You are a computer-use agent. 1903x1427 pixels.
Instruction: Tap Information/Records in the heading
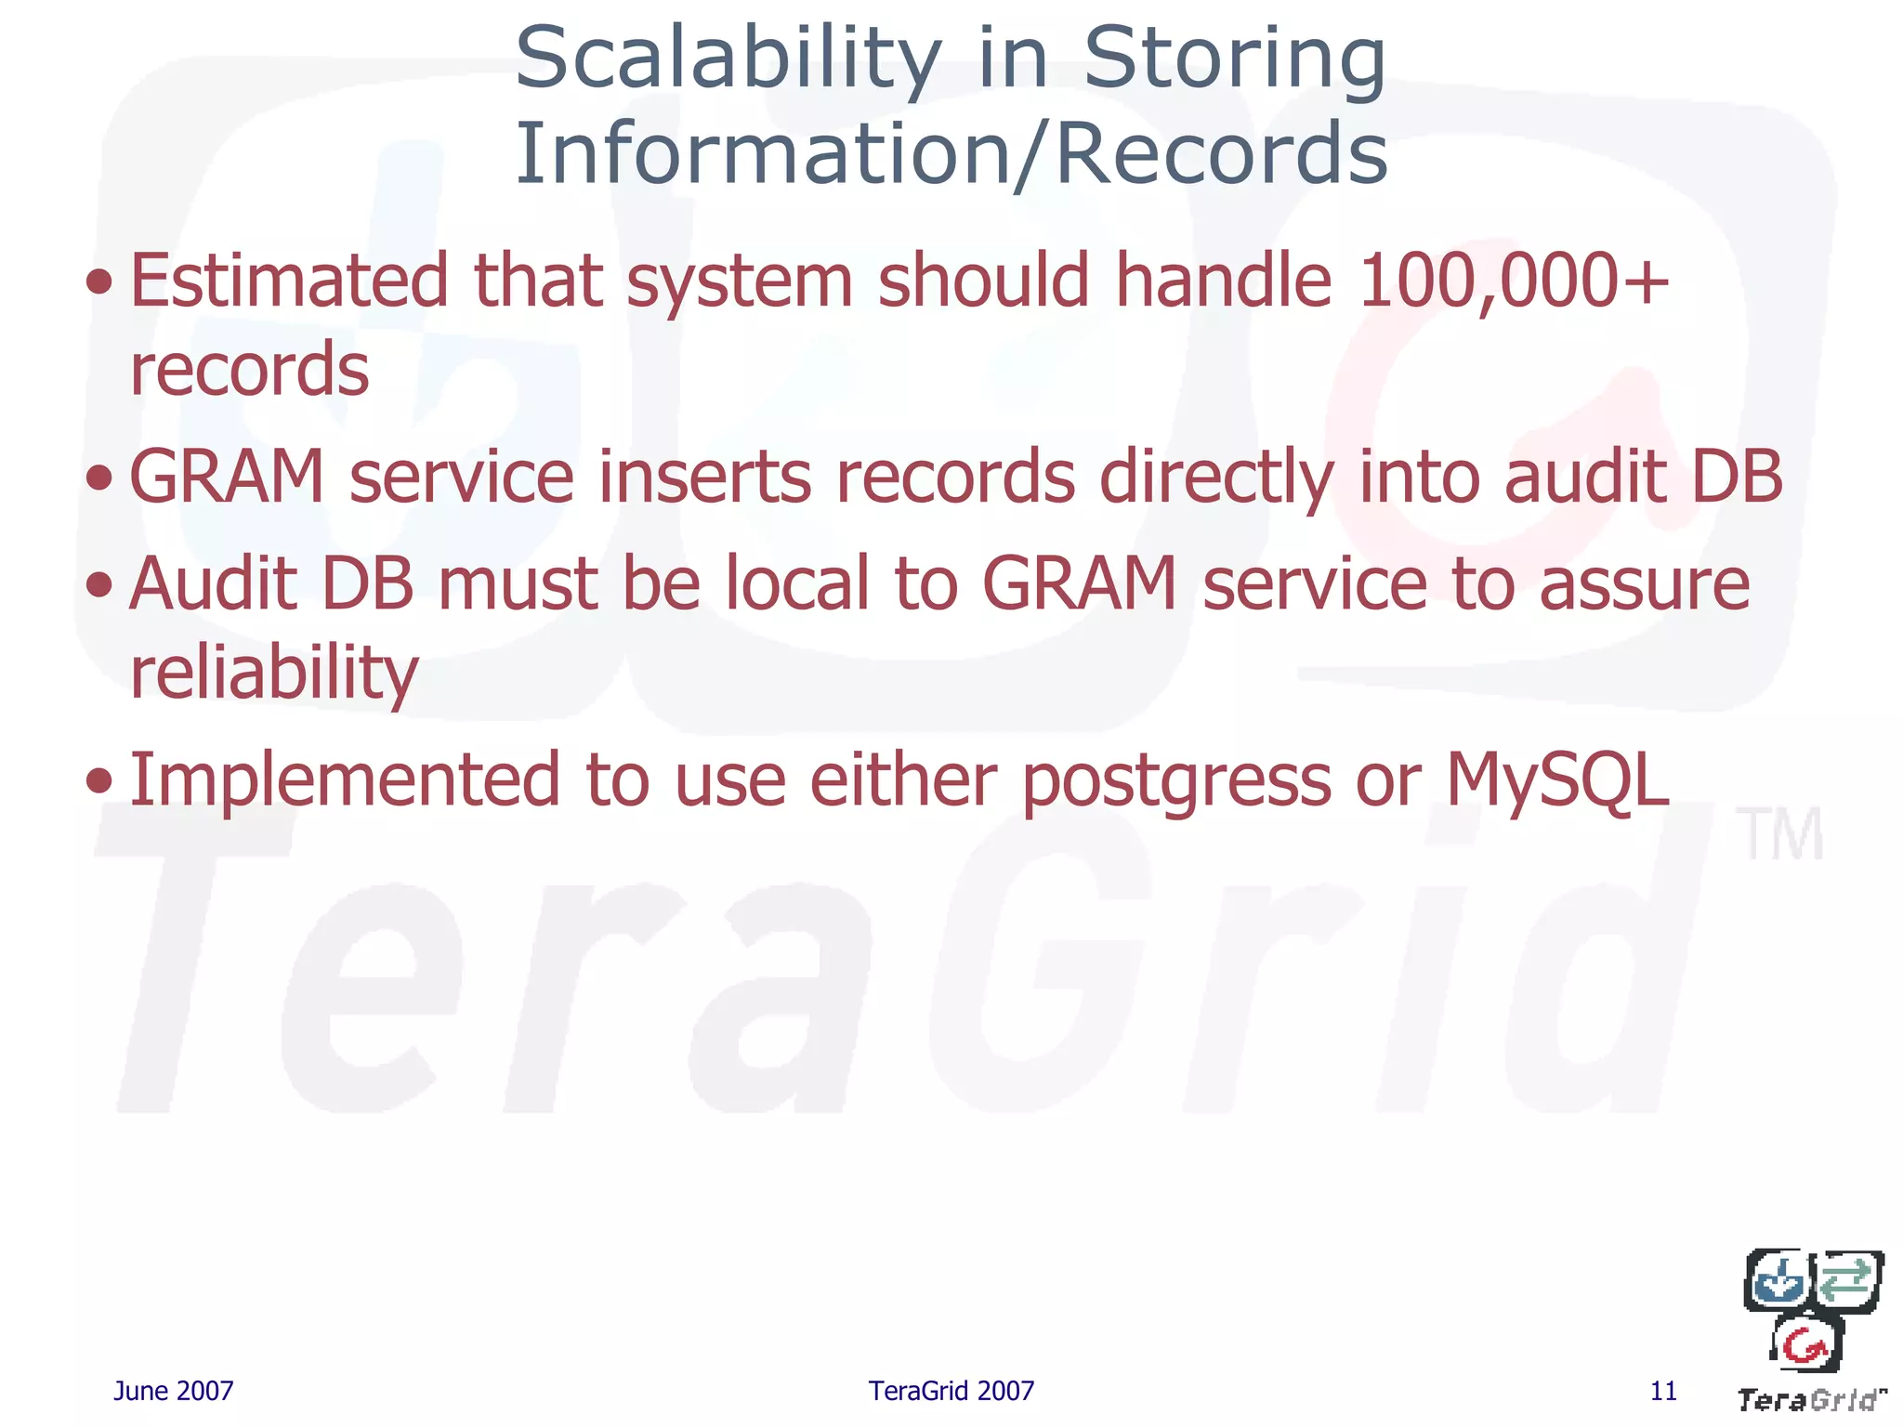(951, 154)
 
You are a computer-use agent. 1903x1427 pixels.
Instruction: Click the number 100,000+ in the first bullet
(1513, 281)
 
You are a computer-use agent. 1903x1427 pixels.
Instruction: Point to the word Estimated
(289, 281)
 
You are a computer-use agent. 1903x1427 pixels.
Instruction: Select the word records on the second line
(249, 370)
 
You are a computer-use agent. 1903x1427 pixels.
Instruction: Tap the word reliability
(274, 673)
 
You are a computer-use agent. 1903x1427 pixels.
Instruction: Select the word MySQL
(1557, 780)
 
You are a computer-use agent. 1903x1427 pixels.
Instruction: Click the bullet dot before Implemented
(98, 781)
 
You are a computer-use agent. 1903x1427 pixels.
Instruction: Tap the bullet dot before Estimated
(98, 281)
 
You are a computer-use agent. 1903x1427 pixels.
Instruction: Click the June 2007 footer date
(173, 1391)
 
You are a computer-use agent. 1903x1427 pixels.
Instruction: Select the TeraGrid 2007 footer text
(951, 1391)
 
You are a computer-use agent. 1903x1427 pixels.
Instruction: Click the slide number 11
(1663, 1391)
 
